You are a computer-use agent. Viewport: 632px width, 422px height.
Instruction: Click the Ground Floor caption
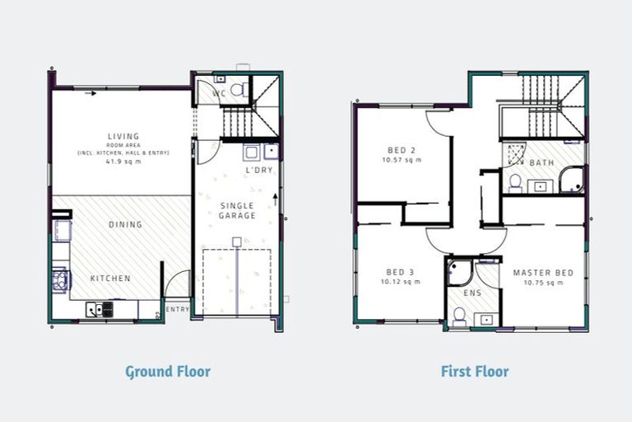tap(168, 372)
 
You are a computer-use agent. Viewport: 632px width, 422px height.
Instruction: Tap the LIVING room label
tap(123, 136)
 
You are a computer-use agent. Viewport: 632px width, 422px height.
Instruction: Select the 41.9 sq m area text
tap(123, 162)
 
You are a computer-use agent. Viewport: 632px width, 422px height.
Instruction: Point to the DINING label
tap(125, 224)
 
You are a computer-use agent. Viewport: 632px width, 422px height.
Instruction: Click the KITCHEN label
tap(110, 279)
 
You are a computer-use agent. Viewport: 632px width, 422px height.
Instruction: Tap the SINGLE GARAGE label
tap(237, 210)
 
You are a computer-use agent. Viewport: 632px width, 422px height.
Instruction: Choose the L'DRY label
tap(259, 171)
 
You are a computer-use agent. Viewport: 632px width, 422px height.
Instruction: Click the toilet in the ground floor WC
tap(236, 88)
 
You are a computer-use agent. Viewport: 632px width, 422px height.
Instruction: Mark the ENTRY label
tap(178, 309)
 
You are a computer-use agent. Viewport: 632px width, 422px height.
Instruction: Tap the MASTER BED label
tap(542, 273)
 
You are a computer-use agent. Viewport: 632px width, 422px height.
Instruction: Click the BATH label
tap(541, 163)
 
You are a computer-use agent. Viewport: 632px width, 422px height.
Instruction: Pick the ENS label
tap(472, 293)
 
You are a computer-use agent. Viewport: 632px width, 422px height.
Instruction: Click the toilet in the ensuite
tap(460, 316)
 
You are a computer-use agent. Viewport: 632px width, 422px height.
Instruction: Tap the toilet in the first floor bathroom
tap(515, 182)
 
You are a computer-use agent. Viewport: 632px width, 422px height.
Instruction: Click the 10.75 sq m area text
tap(542, 283)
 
